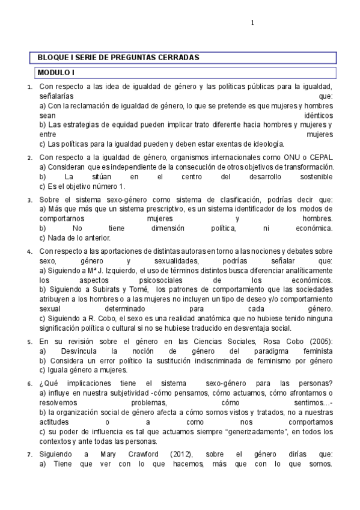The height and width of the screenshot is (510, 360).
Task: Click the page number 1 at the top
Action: [x=252, y=23]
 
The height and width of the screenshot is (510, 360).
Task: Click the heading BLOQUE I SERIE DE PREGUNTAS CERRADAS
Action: [x=118, y=57]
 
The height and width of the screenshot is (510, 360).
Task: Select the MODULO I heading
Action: [x=56, y=73]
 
